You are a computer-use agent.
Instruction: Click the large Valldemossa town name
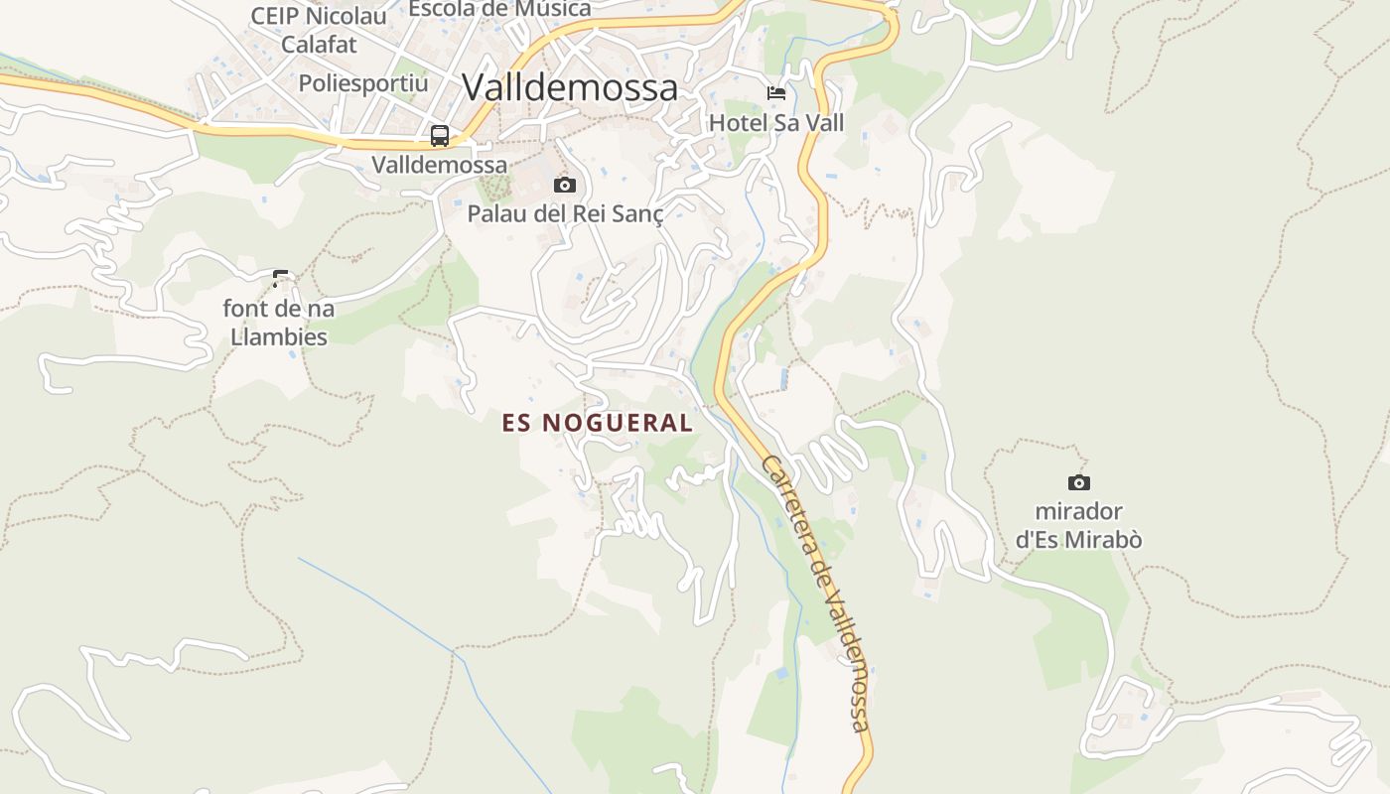point(570,87)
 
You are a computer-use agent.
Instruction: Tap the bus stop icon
point(440,136)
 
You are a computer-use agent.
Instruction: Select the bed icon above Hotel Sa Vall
point(776,93)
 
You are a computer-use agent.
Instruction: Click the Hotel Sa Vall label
point(776,123)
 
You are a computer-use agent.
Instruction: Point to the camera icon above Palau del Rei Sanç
point(565,185)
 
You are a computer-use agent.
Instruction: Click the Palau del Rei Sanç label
point(565,213)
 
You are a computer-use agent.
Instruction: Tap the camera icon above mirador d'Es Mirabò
point(1078,483)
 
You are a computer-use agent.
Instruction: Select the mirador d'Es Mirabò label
point(1078,526)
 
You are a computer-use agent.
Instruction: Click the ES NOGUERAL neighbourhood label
point(598,423)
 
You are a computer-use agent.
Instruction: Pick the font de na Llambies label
point(279,323)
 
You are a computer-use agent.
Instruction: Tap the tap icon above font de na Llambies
point(280,278)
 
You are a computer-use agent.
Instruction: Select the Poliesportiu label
point(363,83)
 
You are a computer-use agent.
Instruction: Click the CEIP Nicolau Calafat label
point(319,30)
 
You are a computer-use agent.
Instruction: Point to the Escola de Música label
point(499,9)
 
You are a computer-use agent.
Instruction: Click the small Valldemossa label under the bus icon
point(440,165)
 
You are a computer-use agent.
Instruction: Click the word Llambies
point(279,336)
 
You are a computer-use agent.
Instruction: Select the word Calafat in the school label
point(319,45)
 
